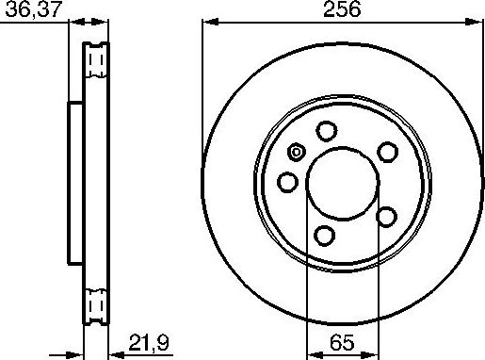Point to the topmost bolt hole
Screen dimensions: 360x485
click(328, 131)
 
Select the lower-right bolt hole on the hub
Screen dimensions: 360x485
click(386, 217)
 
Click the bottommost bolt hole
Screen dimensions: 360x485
click(325, 236)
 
